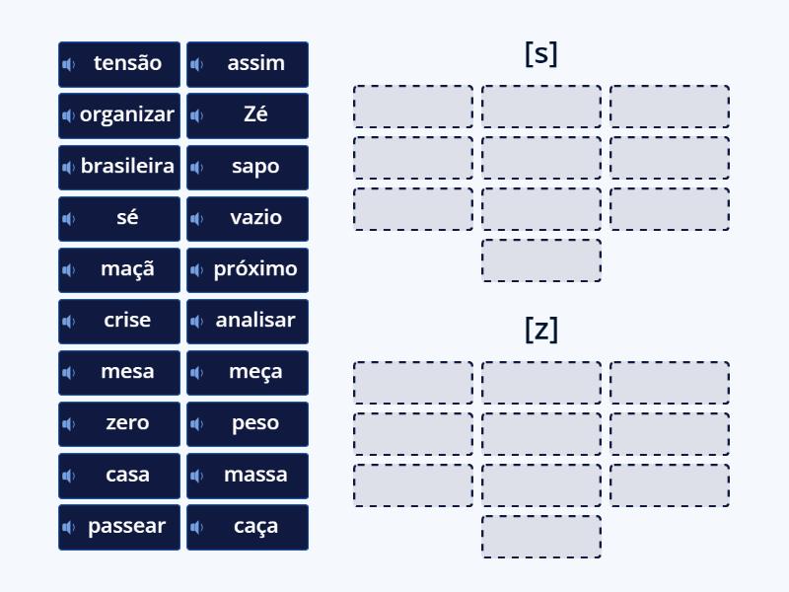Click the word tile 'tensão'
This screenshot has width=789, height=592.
119,63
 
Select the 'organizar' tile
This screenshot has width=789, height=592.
119,114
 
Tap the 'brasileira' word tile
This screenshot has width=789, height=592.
119,166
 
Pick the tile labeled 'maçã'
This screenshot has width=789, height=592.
119,268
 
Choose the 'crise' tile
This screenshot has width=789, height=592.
119,320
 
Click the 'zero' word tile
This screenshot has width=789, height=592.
119,422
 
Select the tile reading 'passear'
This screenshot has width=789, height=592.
119,526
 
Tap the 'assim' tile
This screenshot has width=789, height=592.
248,63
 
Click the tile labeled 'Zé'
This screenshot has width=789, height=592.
248,114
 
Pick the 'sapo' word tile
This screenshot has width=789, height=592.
248,166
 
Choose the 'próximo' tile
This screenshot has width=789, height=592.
248,268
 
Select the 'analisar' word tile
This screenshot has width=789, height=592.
248,320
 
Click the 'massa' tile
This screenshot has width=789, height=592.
248,475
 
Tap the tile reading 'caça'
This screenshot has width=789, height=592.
248,526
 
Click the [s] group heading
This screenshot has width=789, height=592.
540,53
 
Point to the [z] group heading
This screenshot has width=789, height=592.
540,329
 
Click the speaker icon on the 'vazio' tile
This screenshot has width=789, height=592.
197,218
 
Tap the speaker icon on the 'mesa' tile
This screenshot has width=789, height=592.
69,372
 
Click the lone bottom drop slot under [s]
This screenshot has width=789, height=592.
541,260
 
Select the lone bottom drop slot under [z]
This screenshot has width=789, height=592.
541,537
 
